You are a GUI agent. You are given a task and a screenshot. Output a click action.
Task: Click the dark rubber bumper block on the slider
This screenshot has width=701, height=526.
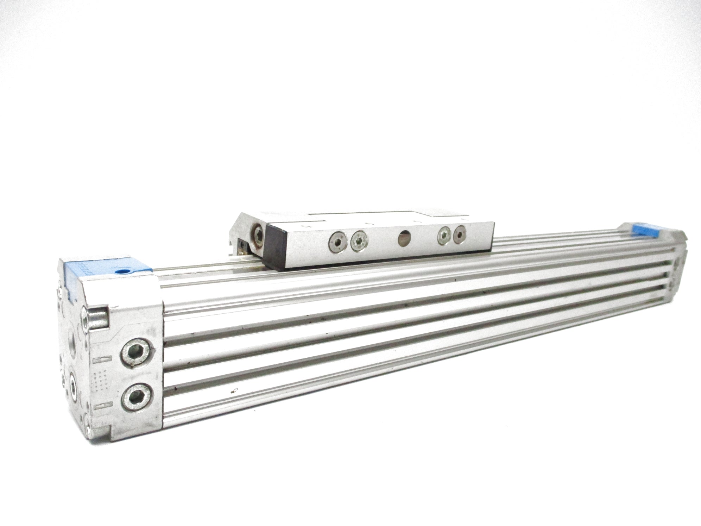(279, 248)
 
